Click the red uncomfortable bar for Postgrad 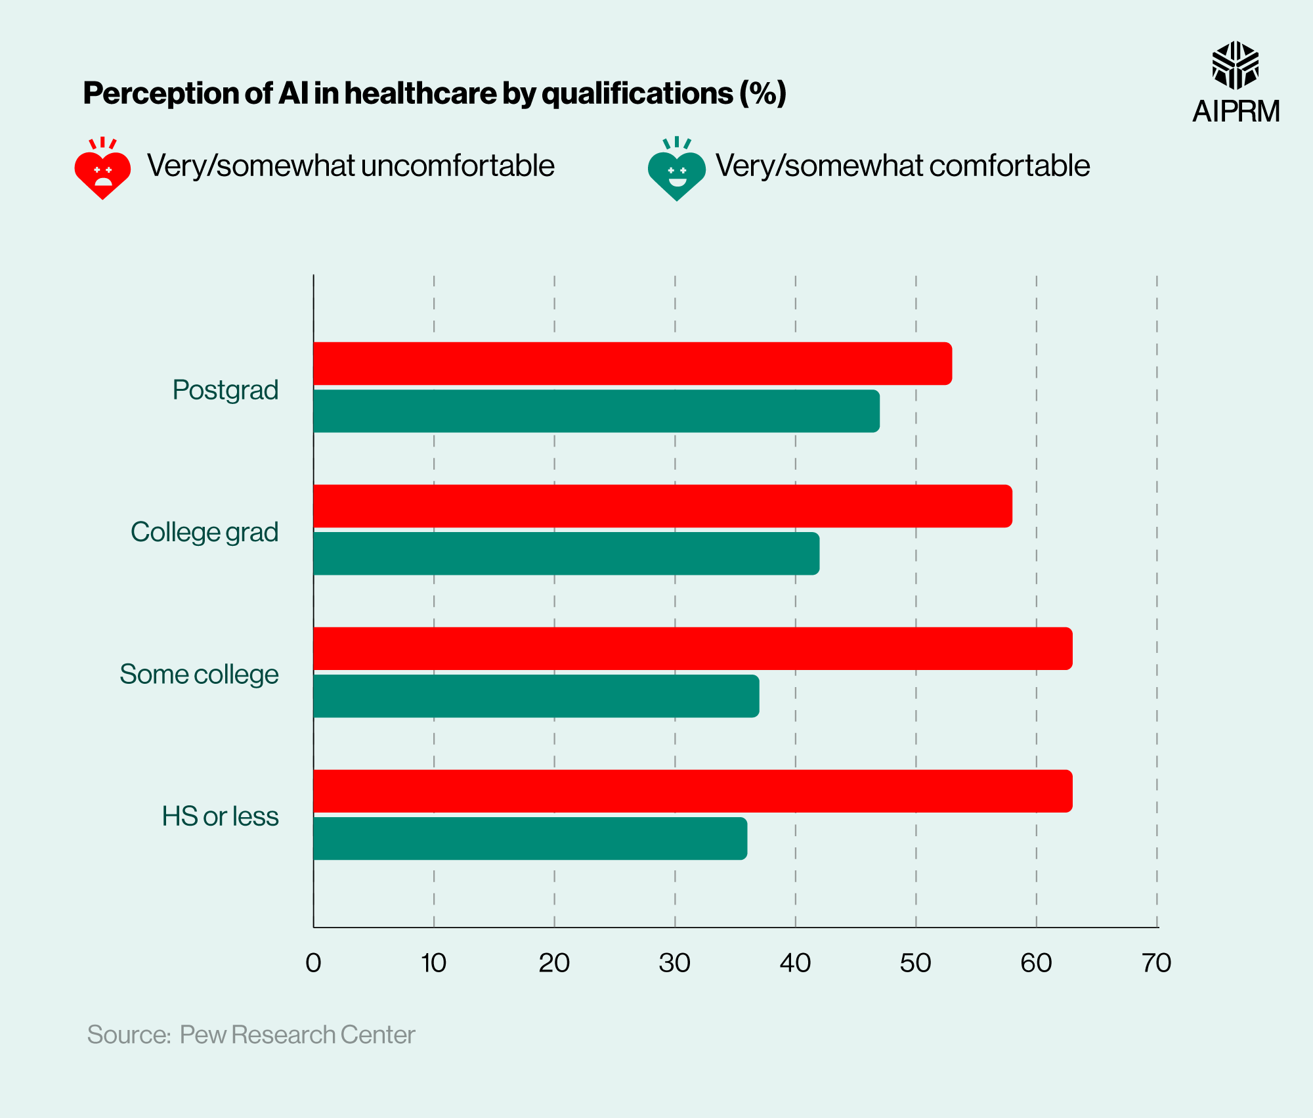632,363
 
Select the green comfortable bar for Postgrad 596,411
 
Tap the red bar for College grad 662,506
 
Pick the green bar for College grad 566,553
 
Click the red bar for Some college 693,648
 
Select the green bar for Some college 536,696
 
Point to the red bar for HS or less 693,791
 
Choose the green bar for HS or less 530,838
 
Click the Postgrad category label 225,390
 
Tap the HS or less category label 220,816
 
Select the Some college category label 199,674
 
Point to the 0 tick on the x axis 313,963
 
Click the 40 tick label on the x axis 795,963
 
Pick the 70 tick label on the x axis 1156,963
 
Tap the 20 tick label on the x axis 554,963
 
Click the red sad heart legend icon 102,169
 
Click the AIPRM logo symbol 1235,65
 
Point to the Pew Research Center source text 297,1035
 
